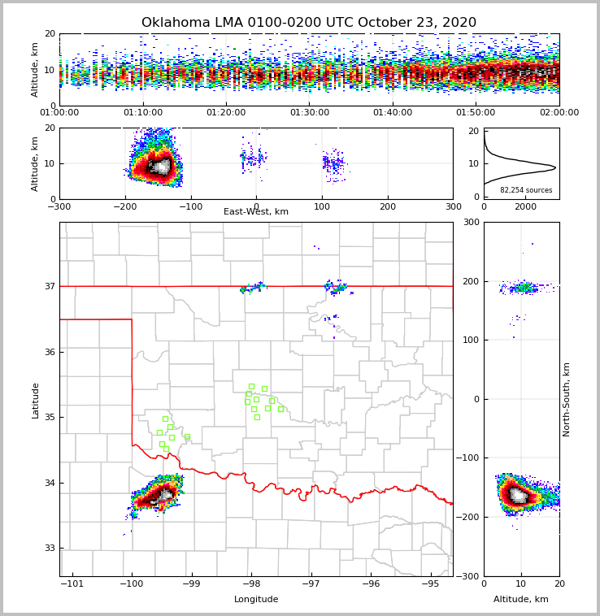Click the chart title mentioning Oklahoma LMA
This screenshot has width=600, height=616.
point(309,23)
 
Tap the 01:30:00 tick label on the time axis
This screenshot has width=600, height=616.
point(309,113)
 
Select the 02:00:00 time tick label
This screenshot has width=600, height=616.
point(559,113)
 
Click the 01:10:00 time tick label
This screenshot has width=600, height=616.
point(143,113)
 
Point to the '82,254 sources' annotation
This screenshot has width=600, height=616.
point(526,190)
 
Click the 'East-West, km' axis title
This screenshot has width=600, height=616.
point(256,212)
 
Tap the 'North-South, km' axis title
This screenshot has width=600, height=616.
point(567,399)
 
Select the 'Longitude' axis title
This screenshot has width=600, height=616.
point(256,600)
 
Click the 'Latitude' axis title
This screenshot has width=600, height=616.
point(35,400)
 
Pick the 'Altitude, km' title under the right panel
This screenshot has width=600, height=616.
point(521,600)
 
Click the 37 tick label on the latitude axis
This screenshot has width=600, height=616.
point(49,286)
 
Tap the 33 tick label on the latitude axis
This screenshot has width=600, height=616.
point(49,549)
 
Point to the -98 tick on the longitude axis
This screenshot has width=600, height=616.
point(251,584)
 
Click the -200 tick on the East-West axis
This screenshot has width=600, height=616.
point(124,206)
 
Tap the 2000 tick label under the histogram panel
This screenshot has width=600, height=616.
point(526,206)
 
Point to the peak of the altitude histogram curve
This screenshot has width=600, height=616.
point(555,168)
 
